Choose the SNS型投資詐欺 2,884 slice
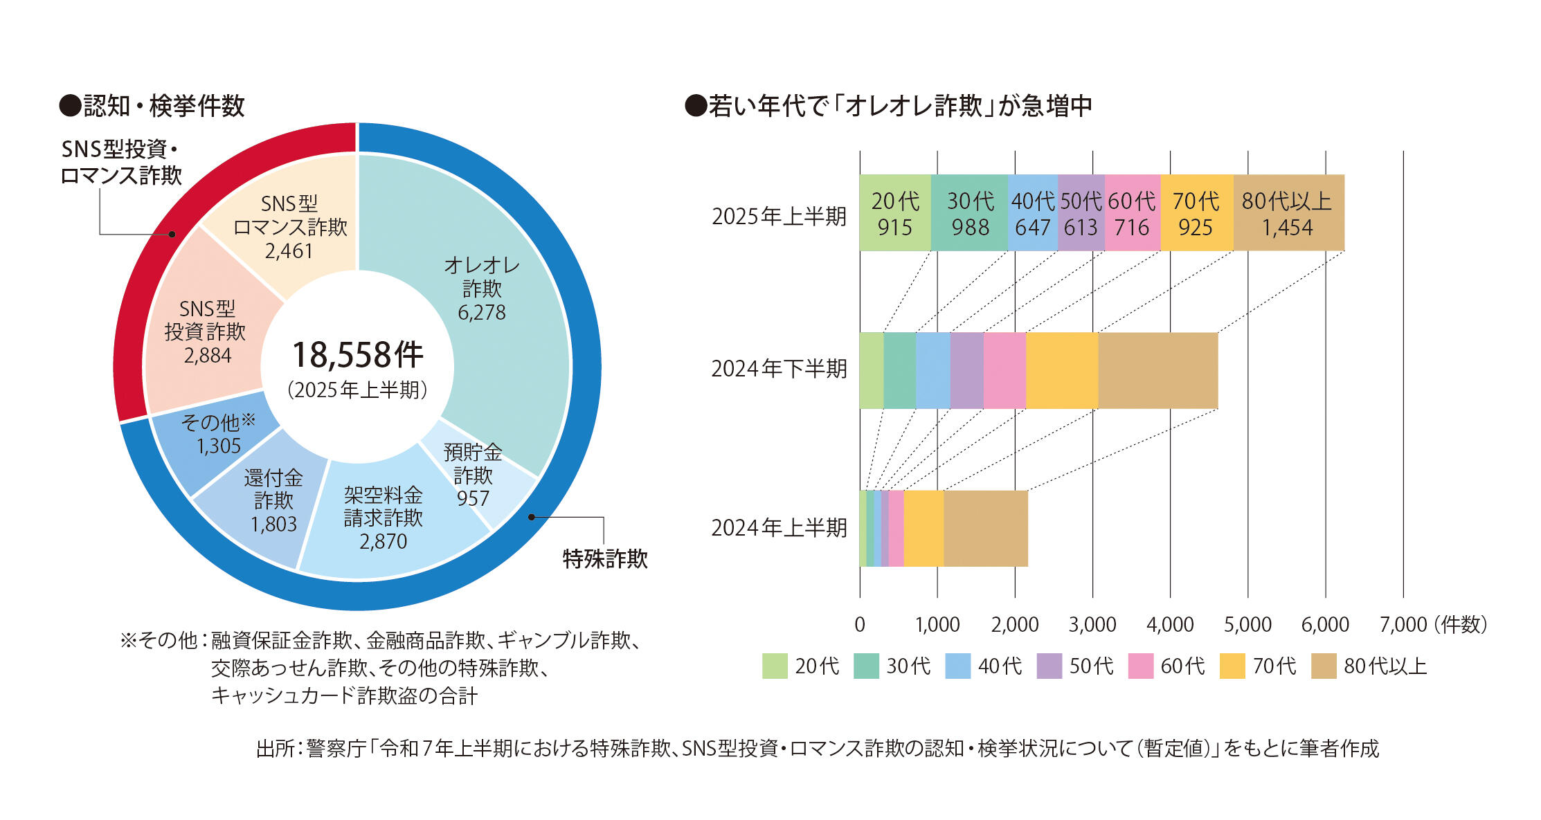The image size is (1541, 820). (x=206, y=332)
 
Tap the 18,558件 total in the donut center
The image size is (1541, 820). (x=357, y=355)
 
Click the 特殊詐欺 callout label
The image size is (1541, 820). (x=604, y=558)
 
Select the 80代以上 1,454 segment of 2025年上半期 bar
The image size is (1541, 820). (x=1288, y=213)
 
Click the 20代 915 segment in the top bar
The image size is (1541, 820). (x=894, y=213)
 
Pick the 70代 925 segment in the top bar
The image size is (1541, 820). (x=1196, y=213)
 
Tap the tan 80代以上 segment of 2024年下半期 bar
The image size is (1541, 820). (x=1157, y=370)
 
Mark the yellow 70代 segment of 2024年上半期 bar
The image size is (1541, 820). (x=923, y=528)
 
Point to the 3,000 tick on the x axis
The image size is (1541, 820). (x=1092, y=625)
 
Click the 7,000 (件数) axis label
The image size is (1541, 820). (x=1432, y=625)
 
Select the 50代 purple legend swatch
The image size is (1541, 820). (x=1049, y=666)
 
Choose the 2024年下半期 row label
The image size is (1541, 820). (x=779, y=369)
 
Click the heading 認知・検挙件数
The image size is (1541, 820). (x=163, y=106)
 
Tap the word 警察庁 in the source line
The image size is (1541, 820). (x=336, y=748)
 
